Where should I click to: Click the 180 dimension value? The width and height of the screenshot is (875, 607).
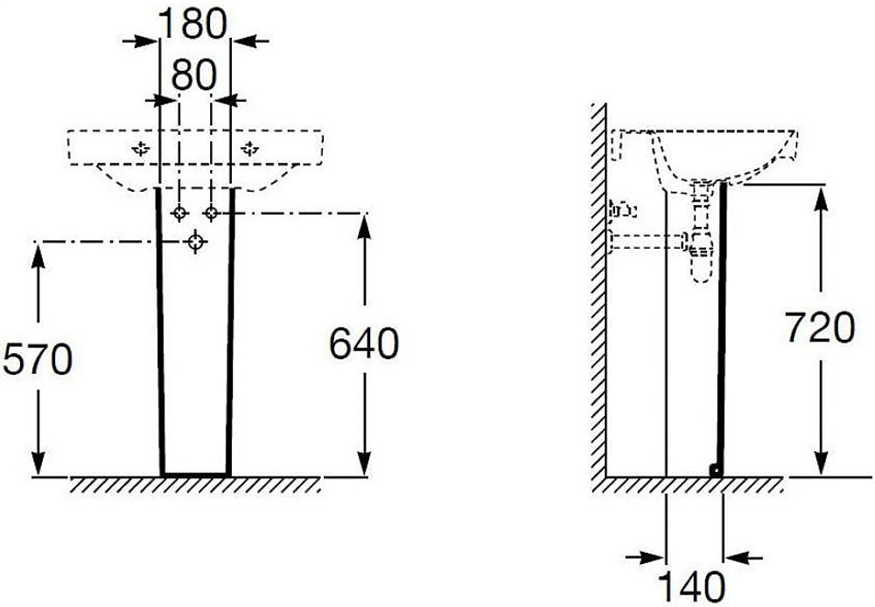point(193,24)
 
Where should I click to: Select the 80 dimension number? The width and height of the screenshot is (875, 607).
point(193,74)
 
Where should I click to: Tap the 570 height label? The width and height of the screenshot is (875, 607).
point(38,359)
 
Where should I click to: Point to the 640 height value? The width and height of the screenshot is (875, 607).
point(364,343)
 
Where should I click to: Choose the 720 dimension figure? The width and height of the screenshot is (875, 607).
point(820,327)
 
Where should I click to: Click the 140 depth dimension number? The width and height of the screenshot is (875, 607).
point(692,586)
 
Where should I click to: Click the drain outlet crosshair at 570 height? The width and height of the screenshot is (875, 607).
point(195,242)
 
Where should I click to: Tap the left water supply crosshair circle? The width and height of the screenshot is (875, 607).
point(179,213)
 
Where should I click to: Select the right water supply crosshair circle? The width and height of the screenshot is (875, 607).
point(211,213)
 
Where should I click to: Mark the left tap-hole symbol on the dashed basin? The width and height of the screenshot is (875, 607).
point(141,148)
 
